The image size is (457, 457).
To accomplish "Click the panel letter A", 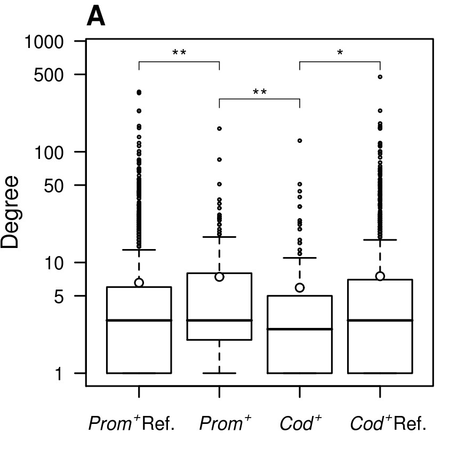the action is click(96, 17).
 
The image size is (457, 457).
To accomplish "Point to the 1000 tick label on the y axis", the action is click(44, 42).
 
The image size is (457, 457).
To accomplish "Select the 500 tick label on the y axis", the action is click(49, 75).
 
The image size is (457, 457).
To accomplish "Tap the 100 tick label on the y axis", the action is click(49, 152).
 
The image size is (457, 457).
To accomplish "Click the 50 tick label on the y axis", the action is click(54, 186).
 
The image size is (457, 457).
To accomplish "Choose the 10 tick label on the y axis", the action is click(54, 263).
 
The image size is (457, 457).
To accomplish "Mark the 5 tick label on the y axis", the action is click(59, 296).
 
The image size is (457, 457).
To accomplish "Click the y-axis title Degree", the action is click(11, 212).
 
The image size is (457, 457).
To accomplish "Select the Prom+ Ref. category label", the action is click(131, 423).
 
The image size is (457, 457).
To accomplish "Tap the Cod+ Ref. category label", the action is click(388, 423).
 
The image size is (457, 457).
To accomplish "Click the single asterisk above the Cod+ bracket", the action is click(340, 53).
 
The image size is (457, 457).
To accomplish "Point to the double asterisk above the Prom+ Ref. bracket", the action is click(179, 53).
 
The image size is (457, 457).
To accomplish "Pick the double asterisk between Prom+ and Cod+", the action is click(259, 92).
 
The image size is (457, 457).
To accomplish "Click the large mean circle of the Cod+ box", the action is click(300, 288).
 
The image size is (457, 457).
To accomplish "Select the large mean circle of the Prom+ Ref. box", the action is click(139, 283).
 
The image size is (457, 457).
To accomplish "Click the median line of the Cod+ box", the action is click(300, 329).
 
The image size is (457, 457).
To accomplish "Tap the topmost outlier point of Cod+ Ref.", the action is click(380, 77).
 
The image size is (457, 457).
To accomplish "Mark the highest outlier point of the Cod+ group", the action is click(300, 141).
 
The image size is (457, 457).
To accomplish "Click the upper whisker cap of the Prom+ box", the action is click(220, 237).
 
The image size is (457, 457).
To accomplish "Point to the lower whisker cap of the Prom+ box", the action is click(220, 373).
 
